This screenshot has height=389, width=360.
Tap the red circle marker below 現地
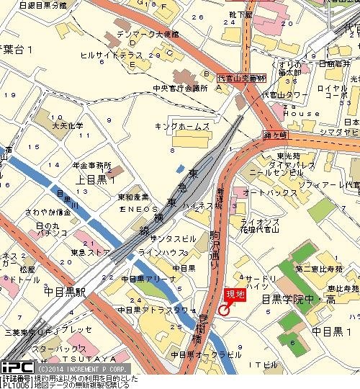click(x=223, y=310)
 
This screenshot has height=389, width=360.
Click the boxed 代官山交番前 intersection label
click(x=242, y=77)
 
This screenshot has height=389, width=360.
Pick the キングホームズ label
click(x=182, y=126)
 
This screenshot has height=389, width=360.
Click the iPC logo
click(x=13, y=367)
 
